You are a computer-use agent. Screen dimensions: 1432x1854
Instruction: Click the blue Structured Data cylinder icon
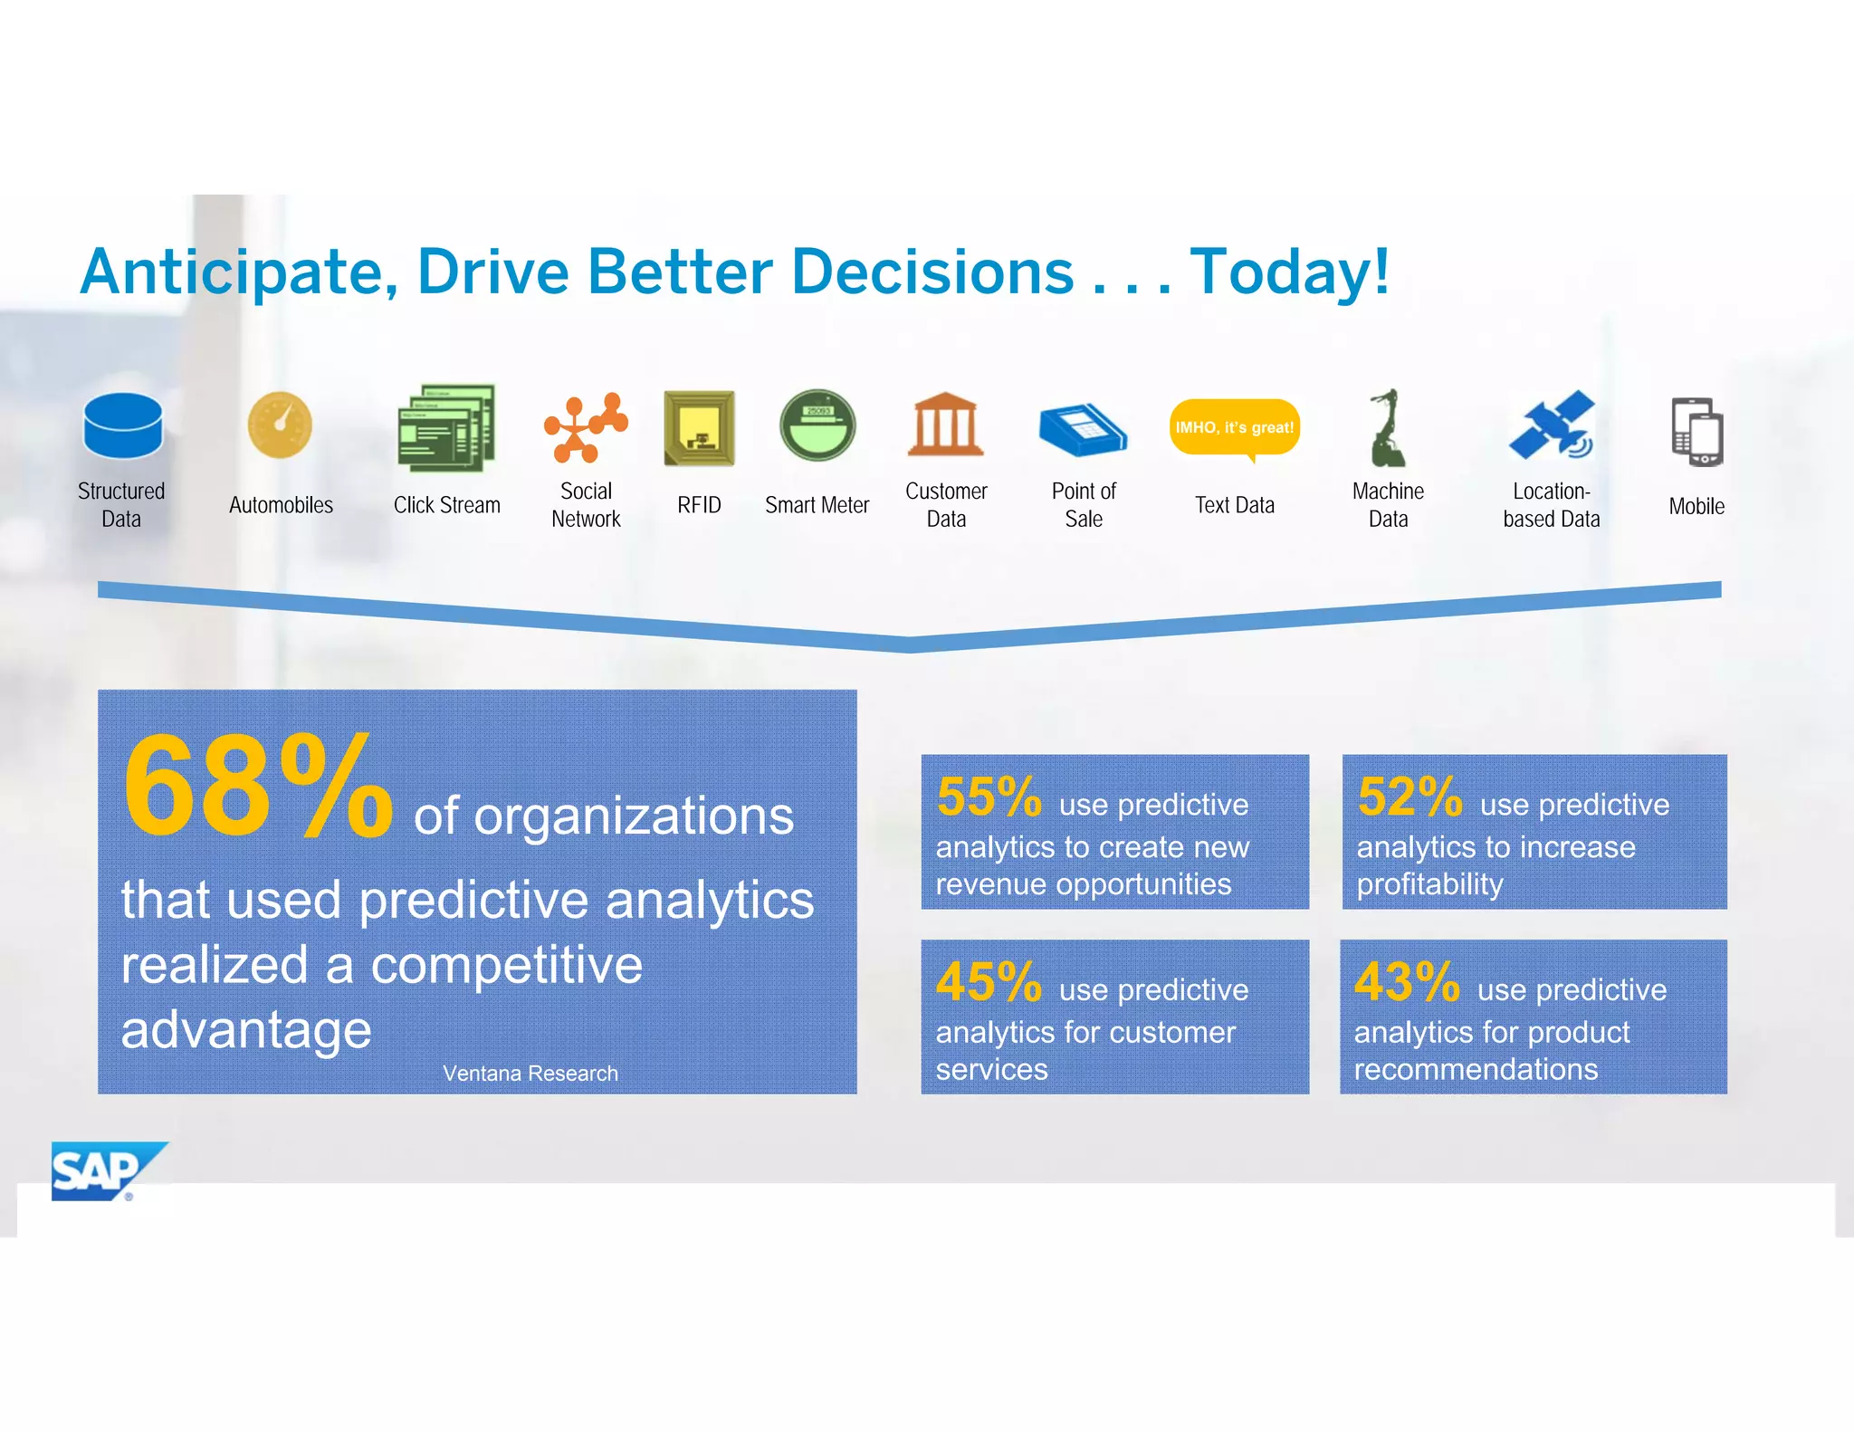pos(122,425)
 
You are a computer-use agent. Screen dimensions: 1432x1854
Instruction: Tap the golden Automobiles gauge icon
pos(281,425)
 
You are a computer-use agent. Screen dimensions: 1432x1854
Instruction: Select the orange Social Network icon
pos(586,428)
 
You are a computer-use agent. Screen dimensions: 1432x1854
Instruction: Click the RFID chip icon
pos(699,428)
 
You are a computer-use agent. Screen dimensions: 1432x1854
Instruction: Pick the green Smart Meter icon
pos(817,425)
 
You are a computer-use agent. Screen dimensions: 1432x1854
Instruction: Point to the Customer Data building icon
pos(945,425)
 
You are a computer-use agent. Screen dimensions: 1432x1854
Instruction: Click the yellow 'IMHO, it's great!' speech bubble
pos(1234,428)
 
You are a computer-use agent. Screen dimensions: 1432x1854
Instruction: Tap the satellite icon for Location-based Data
pos(1552,425)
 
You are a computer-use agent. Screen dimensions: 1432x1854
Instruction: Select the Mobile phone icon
pos(1697,432)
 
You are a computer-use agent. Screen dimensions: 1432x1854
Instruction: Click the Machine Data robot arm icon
pos(1387,427)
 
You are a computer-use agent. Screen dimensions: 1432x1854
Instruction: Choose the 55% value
pos(989,797)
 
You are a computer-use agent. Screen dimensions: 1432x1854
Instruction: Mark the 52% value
pos(1410,797)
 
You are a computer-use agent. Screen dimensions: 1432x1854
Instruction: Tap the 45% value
pos(989,982)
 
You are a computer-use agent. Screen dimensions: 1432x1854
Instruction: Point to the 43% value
pos(1407,982)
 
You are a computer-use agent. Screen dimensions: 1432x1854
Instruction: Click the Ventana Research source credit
pos(530,1074)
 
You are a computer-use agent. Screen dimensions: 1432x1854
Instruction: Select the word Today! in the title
pos(1289,272)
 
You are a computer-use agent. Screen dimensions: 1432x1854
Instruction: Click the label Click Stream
pos(446,505)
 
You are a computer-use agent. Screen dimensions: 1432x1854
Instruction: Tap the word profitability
pos(1429,884)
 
